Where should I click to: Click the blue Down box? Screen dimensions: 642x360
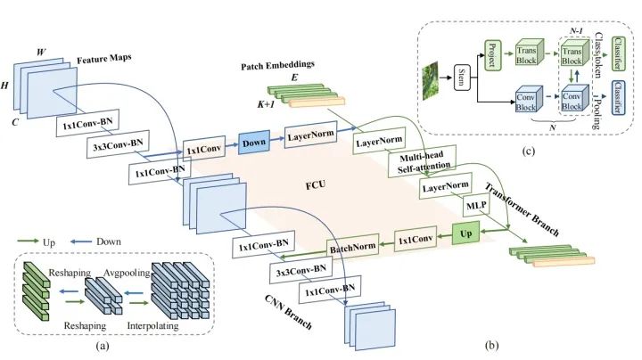(x=254, y=143)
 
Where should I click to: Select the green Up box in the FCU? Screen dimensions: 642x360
(x=465, y=233)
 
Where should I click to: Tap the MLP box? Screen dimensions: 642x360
(x=476, y=205)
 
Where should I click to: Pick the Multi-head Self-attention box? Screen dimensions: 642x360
(x=422, y=161)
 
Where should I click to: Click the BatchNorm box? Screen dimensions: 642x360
(x=352, y=247)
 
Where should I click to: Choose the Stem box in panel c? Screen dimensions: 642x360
(x=462, y=78)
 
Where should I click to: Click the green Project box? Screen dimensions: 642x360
(x=492, y=55)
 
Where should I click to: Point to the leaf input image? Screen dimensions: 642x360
(x=430, y=80)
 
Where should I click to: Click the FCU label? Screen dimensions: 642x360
(x=316, y=185)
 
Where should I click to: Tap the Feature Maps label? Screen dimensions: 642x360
(x=104, y=59)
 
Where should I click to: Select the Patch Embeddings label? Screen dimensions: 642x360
(x=277, y=65)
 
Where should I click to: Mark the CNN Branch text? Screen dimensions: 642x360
(x=288, y=312)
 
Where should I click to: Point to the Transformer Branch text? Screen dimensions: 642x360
(x=522, y=209)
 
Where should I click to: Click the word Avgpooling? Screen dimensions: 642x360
(x=127, y=273)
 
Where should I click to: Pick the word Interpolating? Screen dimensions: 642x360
(x=152, y=325)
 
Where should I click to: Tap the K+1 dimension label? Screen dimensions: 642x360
(x=266, y=104)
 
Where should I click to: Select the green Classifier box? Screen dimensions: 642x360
(x=618, y=53)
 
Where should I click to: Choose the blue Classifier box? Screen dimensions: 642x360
(x=618, y=98)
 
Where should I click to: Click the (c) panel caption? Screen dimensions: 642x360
(x=529, y=151)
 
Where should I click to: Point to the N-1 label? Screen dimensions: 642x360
(x=576, y=30)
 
